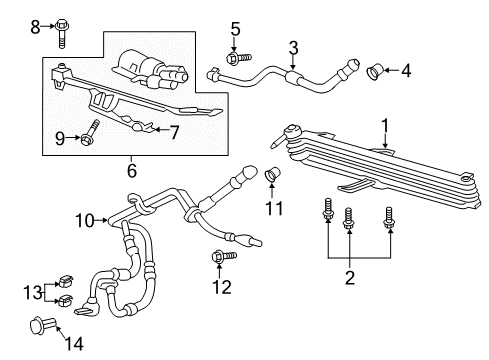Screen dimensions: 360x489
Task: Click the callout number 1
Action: point(382,124)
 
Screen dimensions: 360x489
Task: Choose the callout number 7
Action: point(174,132)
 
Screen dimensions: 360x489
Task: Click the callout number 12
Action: point(223,287)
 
